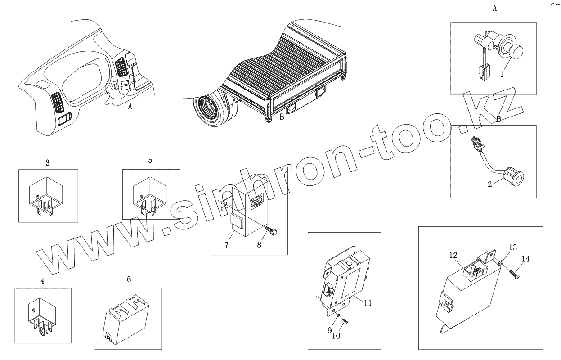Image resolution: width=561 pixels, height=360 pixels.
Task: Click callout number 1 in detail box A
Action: point(502,74)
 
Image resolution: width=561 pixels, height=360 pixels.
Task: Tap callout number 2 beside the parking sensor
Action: point(490,184)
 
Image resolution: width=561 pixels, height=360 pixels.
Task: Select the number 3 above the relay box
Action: point(48,163)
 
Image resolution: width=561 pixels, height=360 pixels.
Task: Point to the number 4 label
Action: point(43,281)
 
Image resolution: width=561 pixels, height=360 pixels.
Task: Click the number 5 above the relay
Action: point(150,160)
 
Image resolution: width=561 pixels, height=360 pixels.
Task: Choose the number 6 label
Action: point(129,279)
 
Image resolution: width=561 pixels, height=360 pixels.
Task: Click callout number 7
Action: point(227,245)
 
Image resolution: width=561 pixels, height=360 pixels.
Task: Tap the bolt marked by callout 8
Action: point(272,231)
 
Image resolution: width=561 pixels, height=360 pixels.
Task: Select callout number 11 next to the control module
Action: point(368,303)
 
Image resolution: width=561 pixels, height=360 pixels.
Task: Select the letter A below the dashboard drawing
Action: point(130,107)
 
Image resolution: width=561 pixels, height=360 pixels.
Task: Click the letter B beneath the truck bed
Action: point(282,117)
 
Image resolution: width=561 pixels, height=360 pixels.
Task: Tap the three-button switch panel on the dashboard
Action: point(65,119)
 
